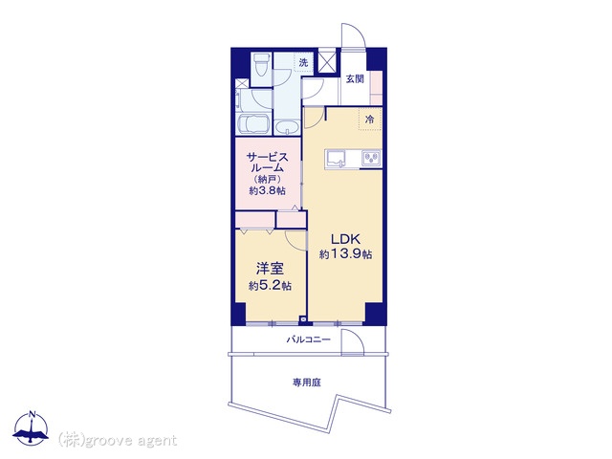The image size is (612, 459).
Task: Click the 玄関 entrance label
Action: (355, 78)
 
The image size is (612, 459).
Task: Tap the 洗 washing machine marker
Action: (304, 62)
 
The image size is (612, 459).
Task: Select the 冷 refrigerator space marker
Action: (369, 120)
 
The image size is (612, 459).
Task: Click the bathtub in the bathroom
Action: (254, 124)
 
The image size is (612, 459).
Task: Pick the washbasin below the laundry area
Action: (287, 127)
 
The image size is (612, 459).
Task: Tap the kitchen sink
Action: (337, 159)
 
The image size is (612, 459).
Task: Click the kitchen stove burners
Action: (371, 158)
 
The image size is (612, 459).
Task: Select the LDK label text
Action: (345, 239)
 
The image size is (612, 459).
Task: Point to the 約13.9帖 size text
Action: (345, 254)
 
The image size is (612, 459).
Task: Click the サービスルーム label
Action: (268, 163)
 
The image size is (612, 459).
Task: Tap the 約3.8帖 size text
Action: (268, 190)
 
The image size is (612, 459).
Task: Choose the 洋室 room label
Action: (270, 269)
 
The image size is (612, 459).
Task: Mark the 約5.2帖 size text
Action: (270, 286)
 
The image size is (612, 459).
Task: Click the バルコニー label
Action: (308, 339)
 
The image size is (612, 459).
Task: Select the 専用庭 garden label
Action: (307, 382)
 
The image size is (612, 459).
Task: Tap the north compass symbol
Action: (31, 428)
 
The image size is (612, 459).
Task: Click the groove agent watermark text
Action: (118, 441)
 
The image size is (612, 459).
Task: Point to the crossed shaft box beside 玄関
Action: (327, 60)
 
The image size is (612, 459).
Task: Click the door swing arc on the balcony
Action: (356, 338)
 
